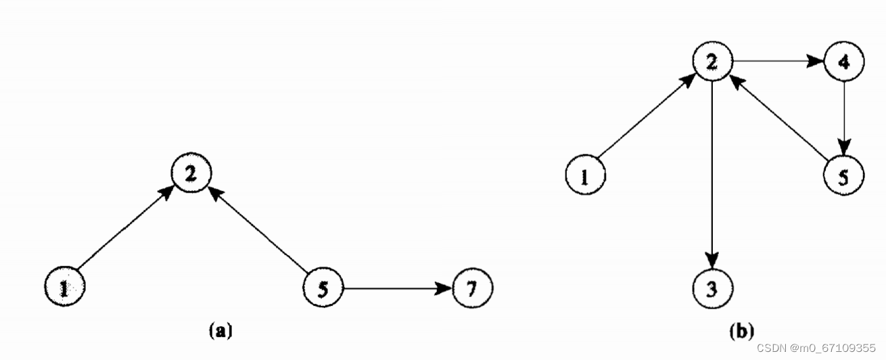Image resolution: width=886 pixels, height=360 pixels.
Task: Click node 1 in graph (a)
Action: [64, 288]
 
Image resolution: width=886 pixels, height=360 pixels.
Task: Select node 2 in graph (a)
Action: [191, 173]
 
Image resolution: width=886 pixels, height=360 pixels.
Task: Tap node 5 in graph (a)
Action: [323, 288]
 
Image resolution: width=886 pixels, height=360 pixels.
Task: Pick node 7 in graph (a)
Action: [472, 288]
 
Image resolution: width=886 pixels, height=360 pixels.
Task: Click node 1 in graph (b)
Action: [585, 176]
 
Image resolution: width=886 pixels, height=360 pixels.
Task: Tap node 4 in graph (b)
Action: [843, 62]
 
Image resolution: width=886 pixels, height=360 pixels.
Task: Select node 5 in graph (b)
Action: [843, 176]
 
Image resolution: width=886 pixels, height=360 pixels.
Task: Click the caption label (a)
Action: [221, 330]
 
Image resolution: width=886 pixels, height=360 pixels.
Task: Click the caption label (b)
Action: [741, 332]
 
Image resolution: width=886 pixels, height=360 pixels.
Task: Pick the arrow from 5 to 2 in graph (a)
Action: [257, 230]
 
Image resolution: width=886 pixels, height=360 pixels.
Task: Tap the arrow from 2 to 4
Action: [778, 62]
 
